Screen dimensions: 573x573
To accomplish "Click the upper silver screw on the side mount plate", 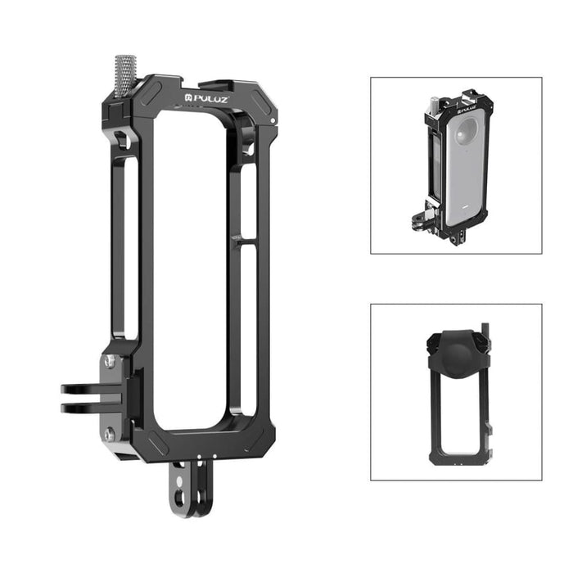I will coord(110,361).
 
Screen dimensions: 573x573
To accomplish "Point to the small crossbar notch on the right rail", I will coord(237,239).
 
